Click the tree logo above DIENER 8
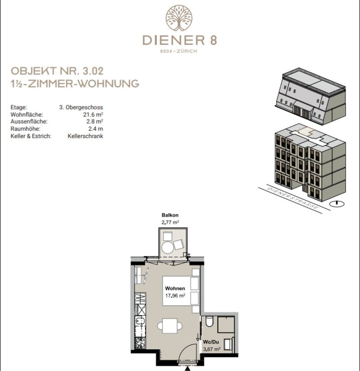coord(179,18)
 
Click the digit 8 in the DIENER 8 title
coord(213,40)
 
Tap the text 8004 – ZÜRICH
coord(179,51)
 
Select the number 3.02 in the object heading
coord(93,71)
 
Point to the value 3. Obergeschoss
coord(81,107)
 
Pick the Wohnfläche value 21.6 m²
coord(93,115)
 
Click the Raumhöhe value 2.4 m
coord(96,129)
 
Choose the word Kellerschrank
coord(85,136)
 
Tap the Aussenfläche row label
coord(29,121)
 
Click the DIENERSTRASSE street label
coord(293,199)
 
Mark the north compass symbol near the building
coord(337,203)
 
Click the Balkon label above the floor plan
coord(170,215)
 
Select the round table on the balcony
coord(168,247)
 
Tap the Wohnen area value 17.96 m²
coord(175,295)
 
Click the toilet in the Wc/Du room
coord(209,322)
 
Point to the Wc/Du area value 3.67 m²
coord(212,349)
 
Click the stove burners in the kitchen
coord(140,343)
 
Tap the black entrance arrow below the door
coord(188,368)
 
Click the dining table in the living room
coord(170,326)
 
